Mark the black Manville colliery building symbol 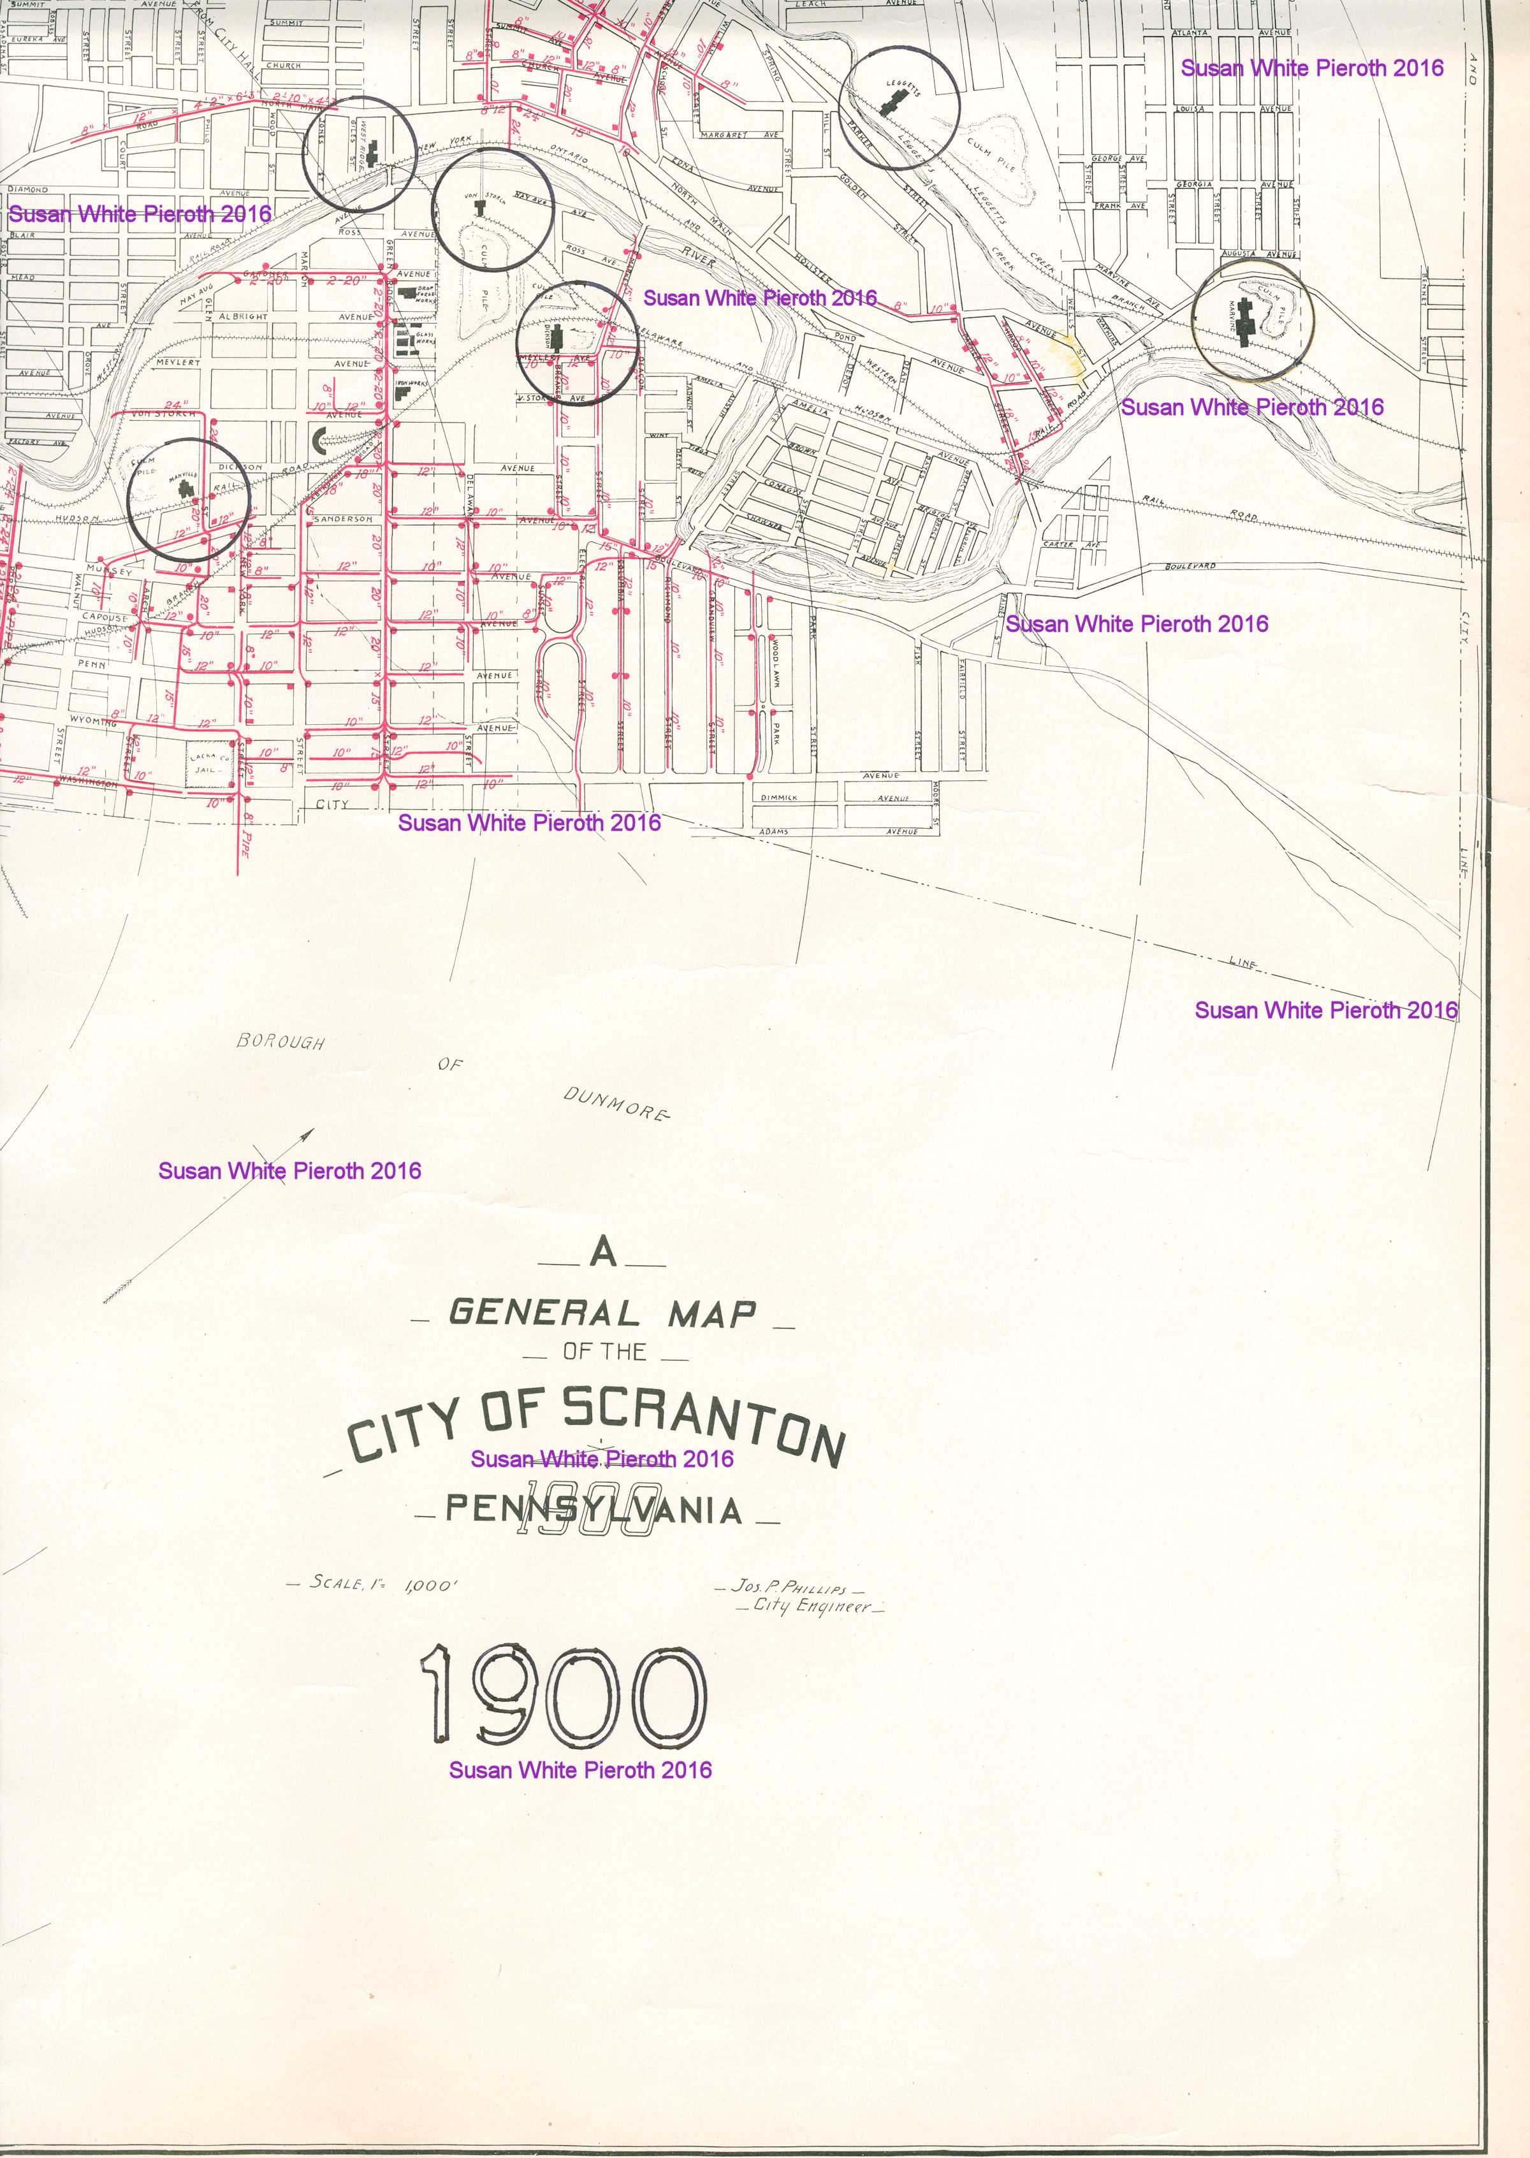click(185, 487)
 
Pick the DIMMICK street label click(778, 797)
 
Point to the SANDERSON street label click(343, 519)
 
